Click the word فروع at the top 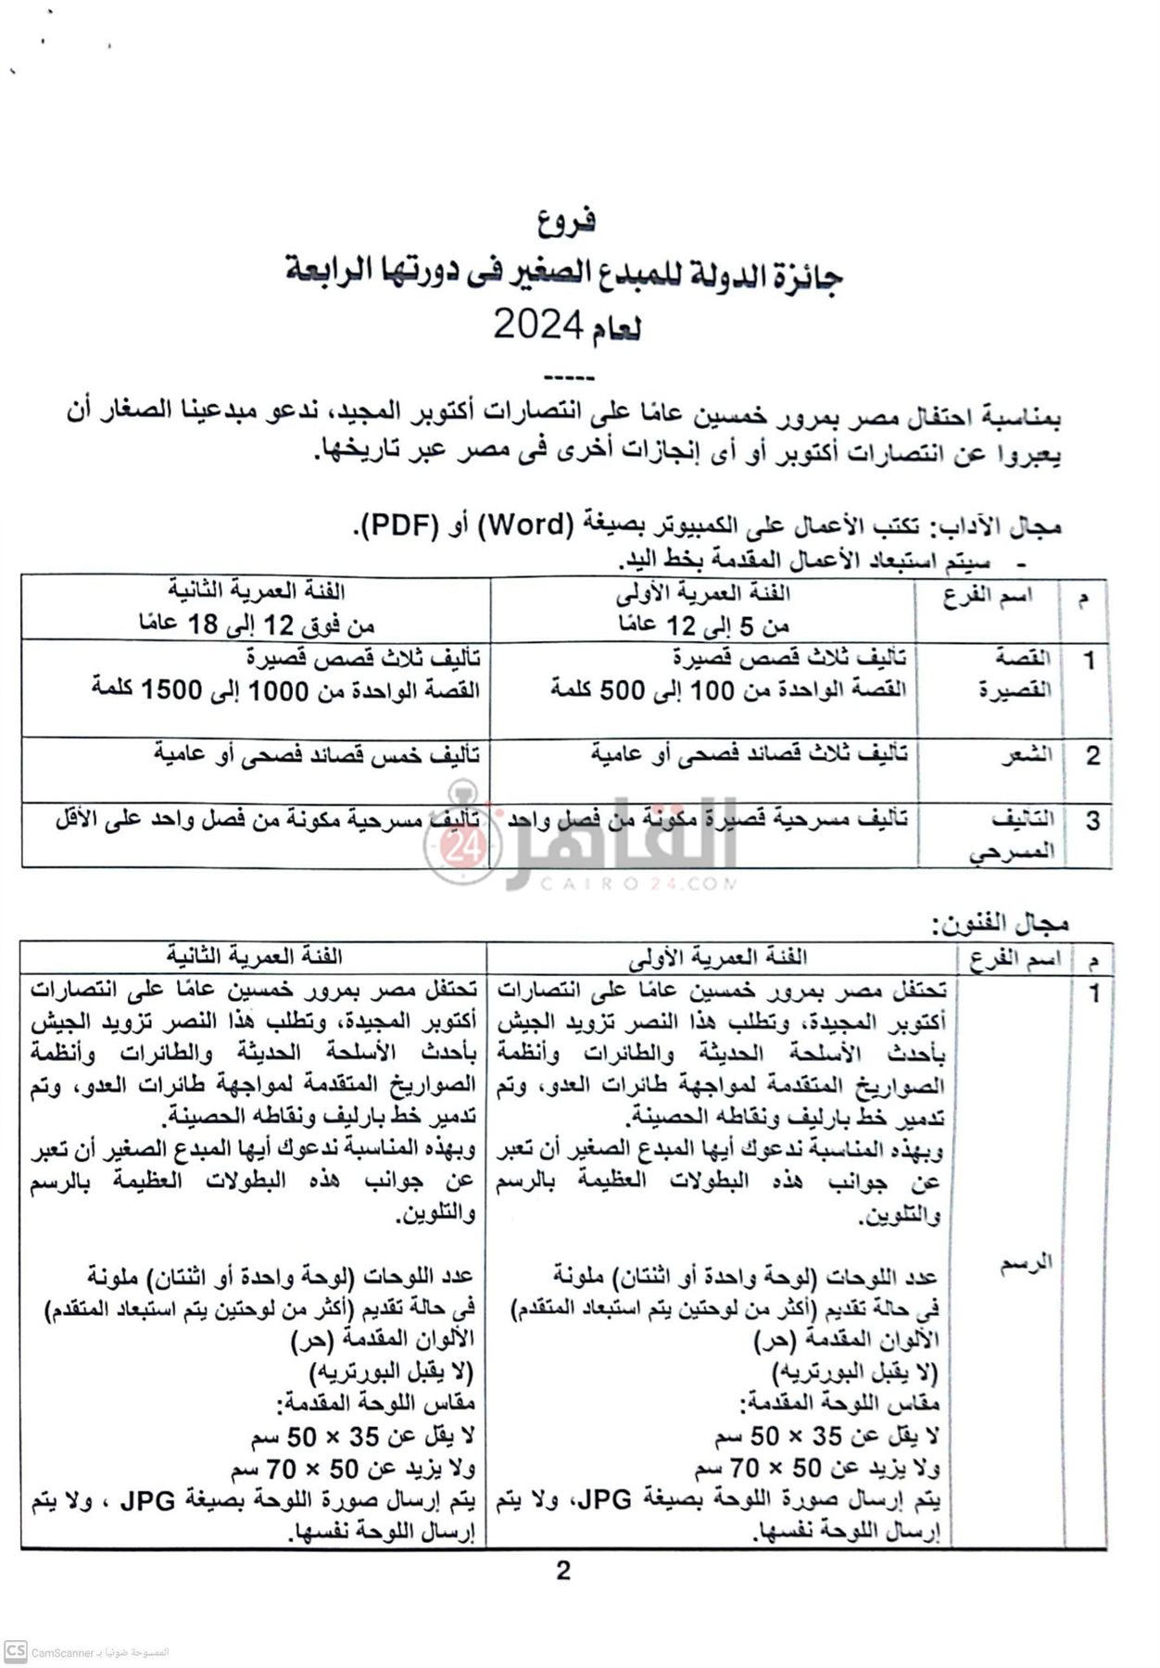566,221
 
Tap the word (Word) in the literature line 526,524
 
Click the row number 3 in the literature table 1093,820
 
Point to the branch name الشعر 1026,755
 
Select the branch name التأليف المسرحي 1015,835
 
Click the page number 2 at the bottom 563,1571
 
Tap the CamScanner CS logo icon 16,1650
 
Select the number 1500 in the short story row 171,690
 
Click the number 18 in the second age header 203,624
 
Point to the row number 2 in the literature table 1093,755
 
